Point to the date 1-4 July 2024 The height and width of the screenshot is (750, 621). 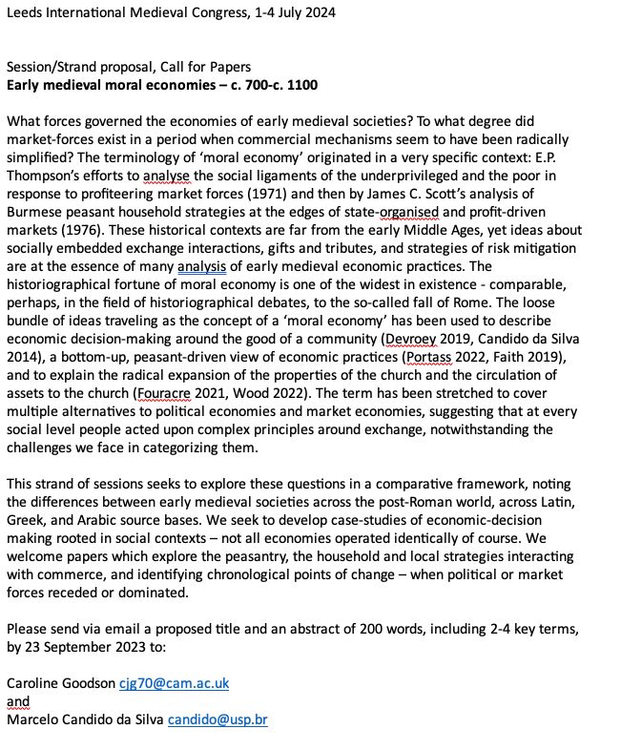pos(286,13)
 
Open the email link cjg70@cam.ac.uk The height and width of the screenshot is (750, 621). pos(174,683)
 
